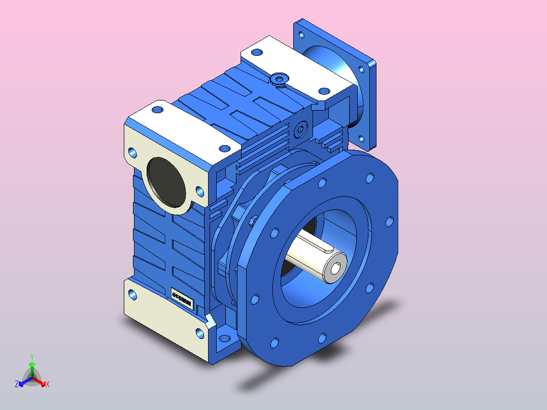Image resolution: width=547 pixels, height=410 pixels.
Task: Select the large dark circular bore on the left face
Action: click(166, 181)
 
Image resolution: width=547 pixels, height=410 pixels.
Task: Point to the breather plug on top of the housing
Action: click(279, 78)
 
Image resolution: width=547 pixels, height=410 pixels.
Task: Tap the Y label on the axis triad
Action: click(31, 357)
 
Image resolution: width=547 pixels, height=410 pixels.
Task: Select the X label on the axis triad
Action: click(48, 385)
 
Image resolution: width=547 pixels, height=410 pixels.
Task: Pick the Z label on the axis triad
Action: click(17, 385)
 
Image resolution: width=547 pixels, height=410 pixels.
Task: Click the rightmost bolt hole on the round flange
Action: click(389, 222)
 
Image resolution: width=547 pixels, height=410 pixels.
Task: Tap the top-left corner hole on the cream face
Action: click(133, 152)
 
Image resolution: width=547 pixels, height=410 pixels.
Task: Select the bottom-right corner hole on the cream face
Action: click(199, 332)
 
